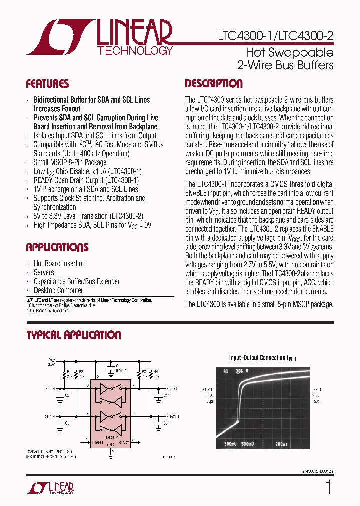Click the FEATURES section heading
pos(47,84)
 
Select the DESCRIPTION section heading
pos(214,84)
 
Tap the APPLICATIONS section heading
pos(57,247)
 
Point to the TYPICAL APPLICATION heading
pos(74,335)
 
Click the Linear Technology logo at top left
pos(100,37)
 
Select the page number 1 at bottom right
pos(328,487)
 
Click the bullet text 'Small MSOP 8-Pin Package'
pos(70,162)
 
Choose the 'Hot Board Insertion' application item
pos(59,264)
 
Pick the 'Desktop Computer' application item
pos(58,291)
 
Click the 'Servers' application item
pos(44,273)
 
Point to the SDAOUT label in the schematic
pos(173,416)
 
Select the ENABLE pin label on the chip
pos(98,442)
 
